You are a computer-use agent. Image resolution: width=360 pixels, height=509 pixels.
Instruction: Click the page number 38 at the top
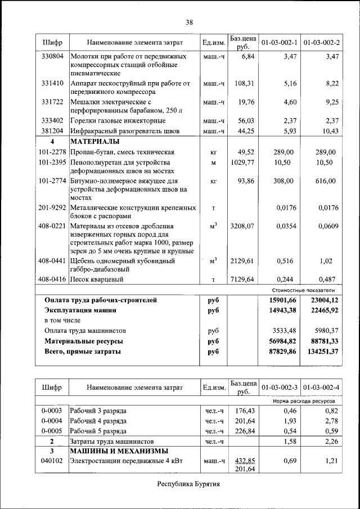point(189,22)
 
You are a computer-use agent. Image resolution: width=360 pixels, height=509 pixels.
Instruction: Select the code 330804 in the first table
point(52,57)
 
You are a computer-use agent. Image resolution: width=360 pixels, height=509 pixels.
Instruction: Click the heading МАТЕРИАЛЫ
point(95,141)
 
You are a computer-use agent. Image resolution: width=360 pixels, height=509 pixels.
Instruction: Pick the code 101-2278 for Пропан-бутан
point(52,152)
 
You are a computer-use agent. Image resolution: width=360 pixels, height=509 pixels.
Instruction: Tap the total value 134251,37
point(320,352)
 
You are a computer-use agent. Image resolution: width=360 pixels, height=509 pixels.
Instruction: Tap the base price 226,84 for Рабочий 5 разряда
point(245,431)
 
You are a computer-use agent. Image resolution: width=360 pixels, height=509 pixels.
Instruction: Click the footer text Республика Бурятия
point(188,484)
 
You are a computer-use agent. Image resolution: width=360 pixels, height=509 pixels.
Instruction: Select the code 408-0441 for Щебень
point(52,261)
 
